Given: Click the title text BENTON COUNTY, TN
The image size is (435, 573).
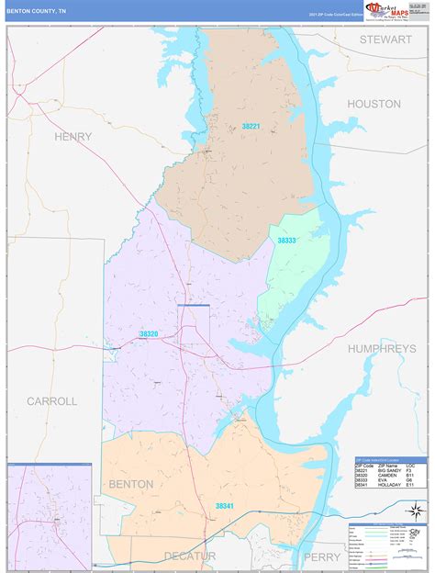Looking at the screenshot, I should (37, 10).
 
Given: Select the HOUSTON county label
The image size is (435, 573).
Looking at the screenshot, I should (374, 105).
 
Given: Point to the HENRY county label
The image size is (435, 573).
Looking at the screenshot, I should (73, 137).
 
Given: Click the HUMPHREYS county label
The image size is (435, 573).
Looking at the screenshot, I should (382, 349).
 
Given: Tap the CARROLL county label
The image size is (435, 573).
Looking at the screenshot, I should (51, 401).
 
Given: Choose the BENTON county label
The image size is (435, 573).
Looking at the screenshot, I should (131, 484).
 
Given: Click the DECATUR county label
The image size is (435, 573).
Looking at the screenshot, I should (190, 556).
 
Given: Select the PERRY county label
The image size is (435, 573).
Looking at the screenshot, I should (322, 556).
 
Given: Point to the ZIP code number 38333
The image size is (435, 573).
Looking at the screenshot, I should (287, 241).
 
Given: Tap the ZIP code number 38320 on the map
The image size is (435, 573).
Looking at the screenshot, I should (149, 334).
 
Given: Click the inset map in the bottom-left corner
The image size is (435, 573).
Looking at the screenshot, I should (50, 516).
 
